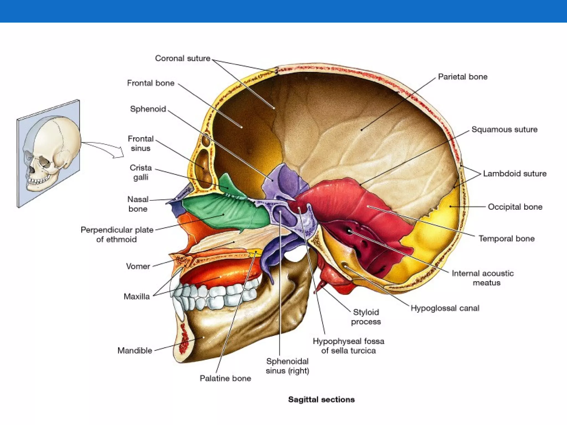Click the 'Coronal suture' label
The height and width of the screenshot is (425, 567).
(182, 58)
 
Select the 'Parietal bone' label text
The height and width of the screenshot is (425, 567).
(463, 77)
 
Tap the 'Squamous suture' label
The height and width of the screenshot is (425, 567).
(504, 129)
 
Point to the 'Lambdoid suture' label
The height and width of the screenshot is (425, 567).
(515, 174)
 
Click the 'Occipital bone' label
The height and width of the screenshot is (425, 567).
(515, 207)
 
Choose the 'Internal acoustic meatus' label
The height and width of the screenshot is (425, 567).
(483, 278)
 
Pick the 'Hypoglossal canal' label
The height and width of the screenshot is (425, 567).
(445, 308)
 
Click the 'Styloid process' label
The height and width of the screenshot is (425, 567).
(366, 317)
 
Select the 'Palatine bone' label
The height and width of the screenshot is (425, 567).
(225, 378)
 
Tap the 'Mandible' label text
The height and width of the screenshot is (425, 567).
(135, 351)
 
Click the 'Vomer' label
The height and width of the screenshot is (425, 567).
(138, 266)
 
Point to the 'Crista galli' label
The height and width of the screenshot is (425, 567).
(141, 172)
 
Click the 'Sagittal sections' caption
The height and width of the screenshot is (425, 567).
(321, 400)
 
